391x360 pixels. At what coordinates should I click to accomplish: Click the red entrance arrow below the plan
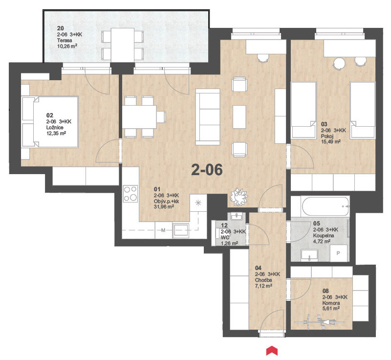(272, 350)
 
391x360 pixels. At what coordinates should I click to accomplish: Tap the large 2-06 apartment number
(207, 170)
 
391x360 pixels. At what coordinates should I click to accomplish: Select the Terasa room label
(65, 40)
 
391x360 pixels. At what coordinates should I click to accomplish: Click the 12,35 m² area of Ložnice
(56, 134)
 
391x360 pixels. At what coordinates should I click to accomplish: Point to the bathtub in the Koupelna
(326, 207)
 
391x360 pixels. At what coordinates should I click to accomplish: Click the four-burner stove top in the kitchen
(130, 194)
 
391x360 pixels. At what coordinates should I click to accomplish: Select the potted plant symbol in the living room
(239, 197)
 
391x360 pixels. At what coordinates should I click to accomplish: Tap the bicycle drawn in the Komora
(319, 321)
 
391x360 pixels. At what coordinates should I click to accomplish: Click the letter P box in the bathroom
(338, 253)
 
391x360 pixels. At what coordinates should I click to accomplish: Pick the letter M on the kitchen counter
(163, 230)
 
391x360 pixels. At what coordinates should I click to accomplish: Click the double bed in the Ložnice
(50, 122)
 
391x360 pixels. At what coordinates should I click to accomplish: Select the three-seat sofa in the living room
(208, 117)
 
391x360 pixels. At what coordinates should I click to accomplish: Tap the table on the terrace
(123, 45)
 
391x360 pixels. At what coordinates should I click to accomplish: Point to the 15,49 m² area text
(331, 142)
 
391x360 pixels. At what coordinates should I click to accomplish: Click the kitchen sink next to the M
(181, 230)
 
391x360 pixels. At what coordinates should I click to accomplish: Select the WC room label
(225, 238)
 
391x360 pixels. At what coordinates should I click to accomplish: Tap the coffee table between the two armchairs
(239, 117)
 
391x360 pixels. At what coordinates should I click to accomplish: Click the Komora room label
(331, 303)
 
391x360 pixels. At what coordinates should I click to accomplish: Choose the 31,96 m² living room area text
(164, 207)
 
